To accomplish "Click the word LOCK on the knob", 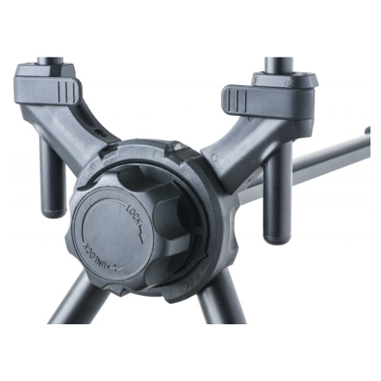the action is (135, 214).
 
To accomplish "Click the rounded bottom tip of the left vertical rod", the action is (54, 213).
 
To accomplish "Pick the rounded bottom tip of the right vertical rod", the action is (277, 239).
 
